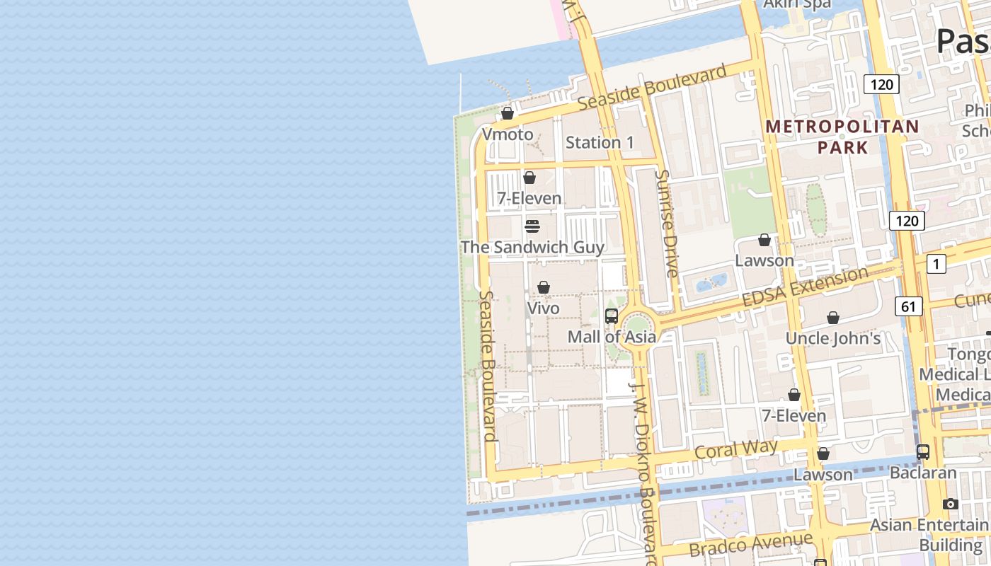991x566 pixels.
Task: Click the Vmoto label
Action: (507, 134)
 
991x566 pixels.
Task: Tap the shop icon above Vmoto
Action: (508, 113)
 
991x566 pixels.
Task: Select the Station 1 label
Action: (600, 142)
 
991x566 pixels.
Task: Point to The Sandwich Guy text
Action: (532, 247)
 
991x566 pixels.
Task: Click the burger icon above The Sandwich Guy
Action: (532, 226)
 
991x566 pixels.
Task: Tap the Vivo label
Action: (543, 308)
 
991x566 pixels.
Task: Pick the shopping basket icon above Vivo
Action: (544, 287)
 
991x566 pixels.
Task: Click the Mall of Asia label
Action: (612, 337)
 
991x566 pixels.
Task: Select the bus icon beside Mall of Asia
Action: (612, 316)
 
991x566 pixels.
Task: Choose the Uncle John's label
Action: (833, 338)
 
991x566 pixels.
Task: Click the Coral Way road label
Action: (736, 450)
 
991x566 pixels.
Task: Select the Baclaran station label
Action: (923, 472)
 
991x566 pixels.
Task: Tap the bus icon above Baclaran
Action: (923, 451)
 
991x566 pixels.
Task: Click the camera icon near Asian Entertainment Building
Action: (951, 504)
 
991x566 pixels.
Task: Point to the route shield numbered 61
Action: (908, 306)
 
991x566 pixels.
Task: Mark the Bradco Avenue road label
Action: (750, 544)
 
